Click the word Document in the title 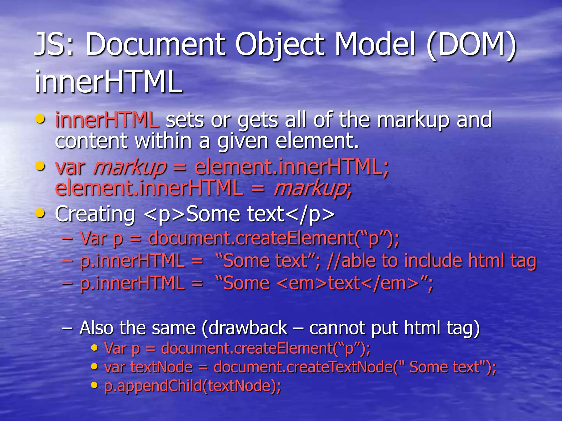pyautogui.click(x=156, y=44)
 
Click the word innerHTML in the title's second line pyautogui.click(x=108, y=82)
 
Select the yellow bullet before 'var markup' pyautogui.click(x=40, y=166)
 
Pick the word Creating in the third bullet pyautogui.click(x=95, y=214)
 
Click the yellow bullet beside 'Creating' pyautogui.click(x=40, y=213)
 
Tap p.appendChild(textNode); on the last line pyautogui.click(x=193, y=386)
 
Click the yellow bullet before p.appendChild pyautogui.click(x=94, y=385)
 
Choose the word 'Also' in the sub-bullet pyautogui.click(x=96, y=328)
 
